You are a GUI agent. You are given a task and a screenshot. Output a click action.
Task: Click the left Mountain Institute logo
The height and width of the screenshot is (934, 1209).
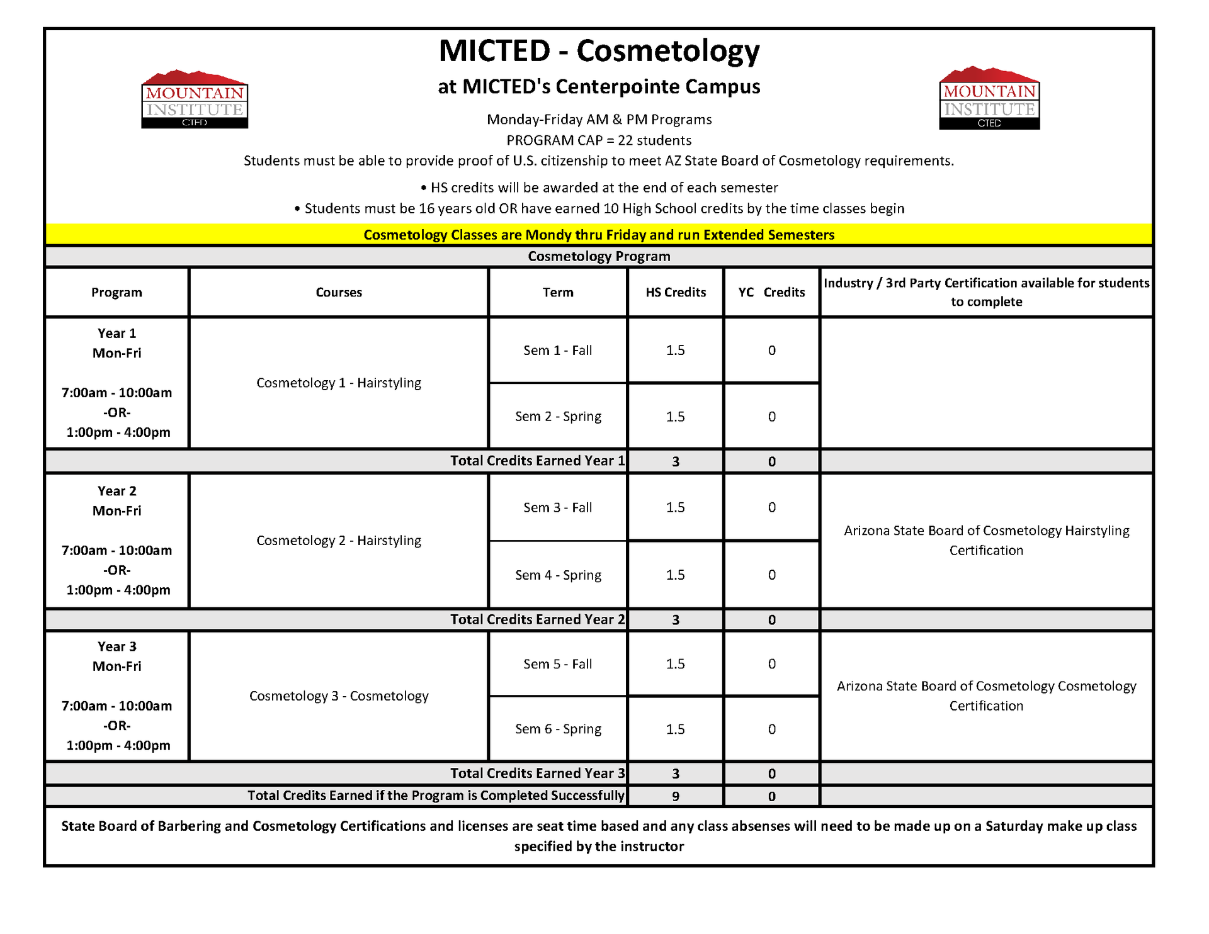pos(195,99)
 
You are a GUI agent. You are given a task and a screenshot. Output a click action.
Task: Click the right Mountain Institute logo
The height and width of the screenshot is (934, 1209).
pos(989,99)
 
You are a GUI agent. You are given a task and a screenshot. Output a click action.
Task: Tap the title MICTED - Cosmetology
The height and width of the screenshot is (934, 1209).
pos(599,51)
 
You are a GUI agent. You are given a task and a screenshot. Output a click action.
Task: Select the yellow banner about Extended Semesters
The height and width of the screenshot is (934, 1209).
pos(599,235)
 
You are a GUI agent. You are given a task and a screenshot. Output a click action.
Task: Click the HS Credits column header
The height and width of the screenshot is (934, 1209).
pos(676,292)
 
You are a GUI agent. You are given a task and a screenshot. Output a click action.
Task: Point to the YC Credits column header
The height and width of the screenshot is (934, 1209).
pos(771,292)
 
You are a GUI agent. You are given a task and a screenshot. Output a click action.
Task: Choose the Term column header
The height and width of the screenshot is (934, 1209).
pos(558,292)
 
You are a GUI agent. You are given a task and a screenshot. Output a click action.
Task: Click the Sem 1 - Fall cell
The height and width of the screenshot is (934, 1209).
pos(558,351)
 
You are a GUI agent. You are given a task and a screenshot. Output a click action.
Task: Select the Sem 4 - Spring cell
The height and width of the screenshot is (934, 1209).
pos(558,575)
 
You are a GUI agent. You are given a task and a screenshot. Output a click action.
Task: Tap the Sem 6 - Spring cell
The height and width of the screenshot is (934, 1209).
pos(558,729)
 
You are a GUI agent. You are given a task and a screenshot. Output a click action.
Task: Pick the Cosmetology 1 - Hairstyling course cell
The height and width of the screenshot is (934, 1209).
pos(339,383)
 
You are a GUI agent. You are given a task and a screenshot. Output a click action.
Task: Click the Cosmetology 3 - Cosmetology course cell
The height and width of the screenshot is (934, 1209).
pos(339,695)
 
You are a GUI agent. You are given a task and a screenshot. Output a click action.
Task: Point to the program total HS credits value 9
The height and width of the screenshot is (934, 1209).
pos(676,796)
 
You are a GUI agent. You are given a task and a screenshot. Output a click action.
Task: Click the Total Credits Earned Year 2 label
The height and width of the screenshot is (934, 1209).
pos(537,619)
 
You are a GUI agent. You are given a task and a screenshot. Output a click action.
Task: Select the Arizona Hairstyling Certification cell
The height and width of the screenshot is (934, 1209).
pos(986,540)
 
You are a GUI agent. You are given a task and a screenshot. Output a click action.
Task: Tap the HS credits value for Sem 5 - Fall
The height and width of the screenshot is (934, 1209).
pos(676,664)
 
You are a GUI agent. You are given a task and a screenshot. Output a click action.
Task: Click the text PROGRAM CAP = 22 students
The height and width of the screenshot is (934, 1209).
pos(599,140)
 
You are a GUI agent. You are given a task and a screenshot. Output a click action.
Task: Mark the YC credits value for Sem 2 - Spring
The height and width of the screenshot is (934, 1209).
pos(771,417)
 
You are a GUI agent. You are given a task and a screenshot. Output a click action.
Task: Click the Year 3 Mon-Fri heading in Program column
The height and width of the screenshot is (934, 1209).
pos(117,656)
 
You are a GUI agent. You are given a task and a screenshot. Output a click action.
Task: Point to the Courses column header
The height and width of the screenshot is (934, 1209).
pos(339,292)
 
